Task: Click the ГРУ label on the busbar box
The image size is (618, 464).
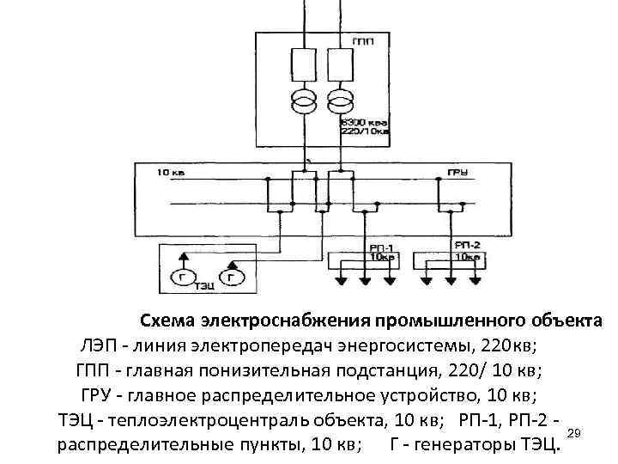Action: [457, 173]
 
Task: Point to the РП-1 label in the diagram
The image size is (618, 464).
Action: [378, 246]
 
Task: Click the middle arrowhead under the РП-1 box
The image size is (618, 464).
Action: [364, 281]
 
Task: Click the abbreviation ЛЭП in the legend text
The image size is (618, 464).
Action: [101, 345]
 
